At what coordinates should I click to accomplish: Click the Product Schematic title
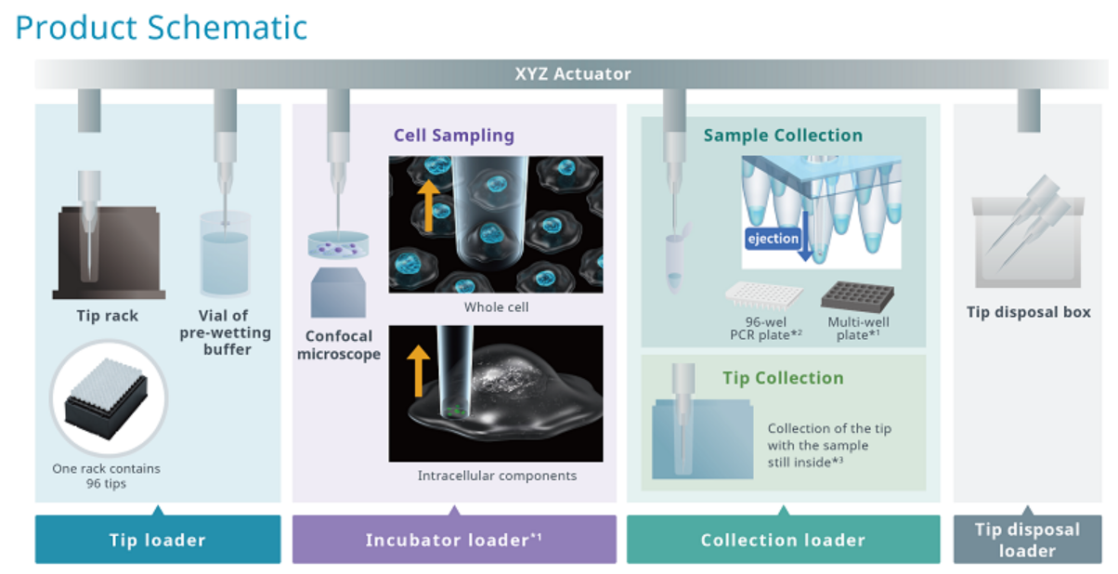(x=161, y=27)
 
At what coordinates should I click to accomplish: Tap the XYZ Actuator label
(x=573, y=74)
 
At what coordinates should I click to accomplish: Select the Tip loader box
(x=158, y=540)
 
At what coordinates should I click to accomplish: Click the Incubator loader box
(x=454, y=540)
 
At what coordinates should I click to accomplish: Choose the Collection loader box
(x=783, y=540)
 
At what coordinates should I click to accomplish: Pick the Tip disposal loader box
(x=1027, y=540)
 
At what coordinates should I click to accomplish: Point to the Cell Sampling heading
(x=453, y=136)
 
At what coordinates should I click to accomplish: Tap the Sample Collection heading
(x=783, y=136)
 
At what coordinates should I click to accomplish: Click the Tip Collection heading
(x=783, y=378)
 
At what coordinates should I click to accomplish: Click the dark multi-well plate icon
(x=856, y=296)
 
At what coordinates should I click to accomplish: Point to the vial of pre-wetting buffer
(x=225, y=254)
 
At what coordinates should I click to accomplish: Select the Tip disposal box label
(x=1028, y=312)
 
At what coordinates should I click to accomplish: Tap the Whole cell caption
(x=496, y=307)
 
